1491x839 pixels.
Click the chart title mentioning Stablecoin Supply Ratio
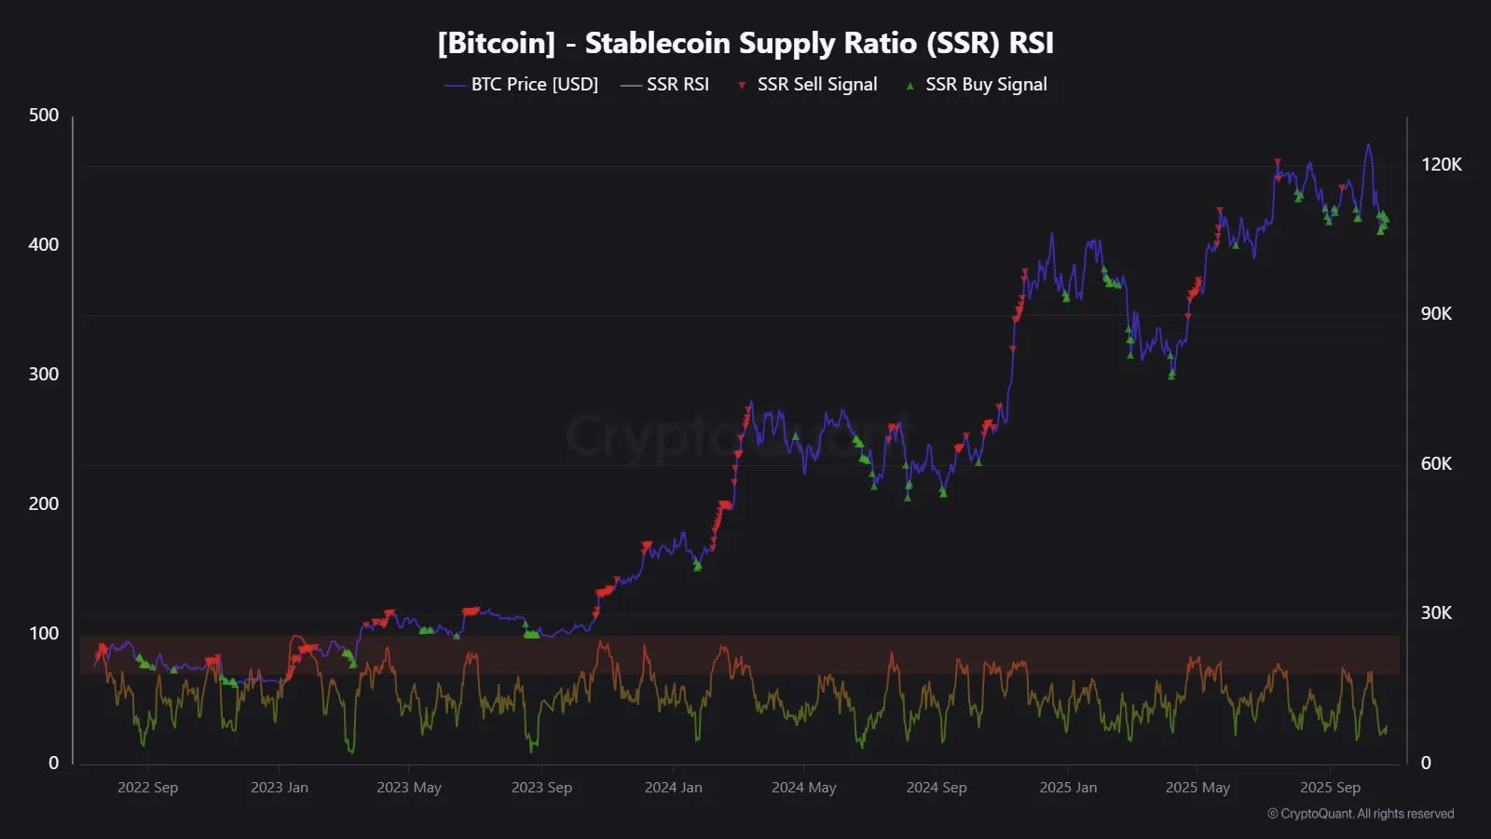(x=745, y=43)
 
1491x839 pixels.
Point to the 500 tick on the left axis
(x=44, y=116)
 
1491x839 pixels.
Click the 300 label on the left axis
(x=44, y=375)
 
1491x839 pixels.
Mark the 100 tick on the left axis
(x=44, y=634)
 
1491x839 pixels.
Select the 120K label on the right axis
(x=1441, y=165)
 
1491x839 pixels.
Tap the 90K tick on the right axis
(x=1436, y=314)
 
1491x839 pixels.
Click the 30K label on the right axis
(x=1436, y=613)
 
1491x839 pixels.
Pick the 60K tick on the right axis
(x=1436, y=464)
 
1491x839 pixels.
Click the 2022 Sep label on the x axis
(x=147, y=788)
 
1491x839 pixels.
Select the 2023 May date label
(x=409, y=788)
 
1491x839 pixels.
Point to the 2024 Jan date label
(x=674, y=788)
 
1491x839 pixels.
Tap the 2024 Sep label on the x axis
(x=937, y=788)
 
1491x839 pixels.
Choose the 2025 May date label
(x=1197, y=788)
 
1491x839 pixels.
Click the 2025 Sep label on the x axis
(x=1330, y=788)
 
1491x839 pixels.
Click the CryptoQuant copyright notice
(x=1361, y=814)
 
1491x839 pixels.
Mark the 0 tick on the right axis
(x=1426, y=763)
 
